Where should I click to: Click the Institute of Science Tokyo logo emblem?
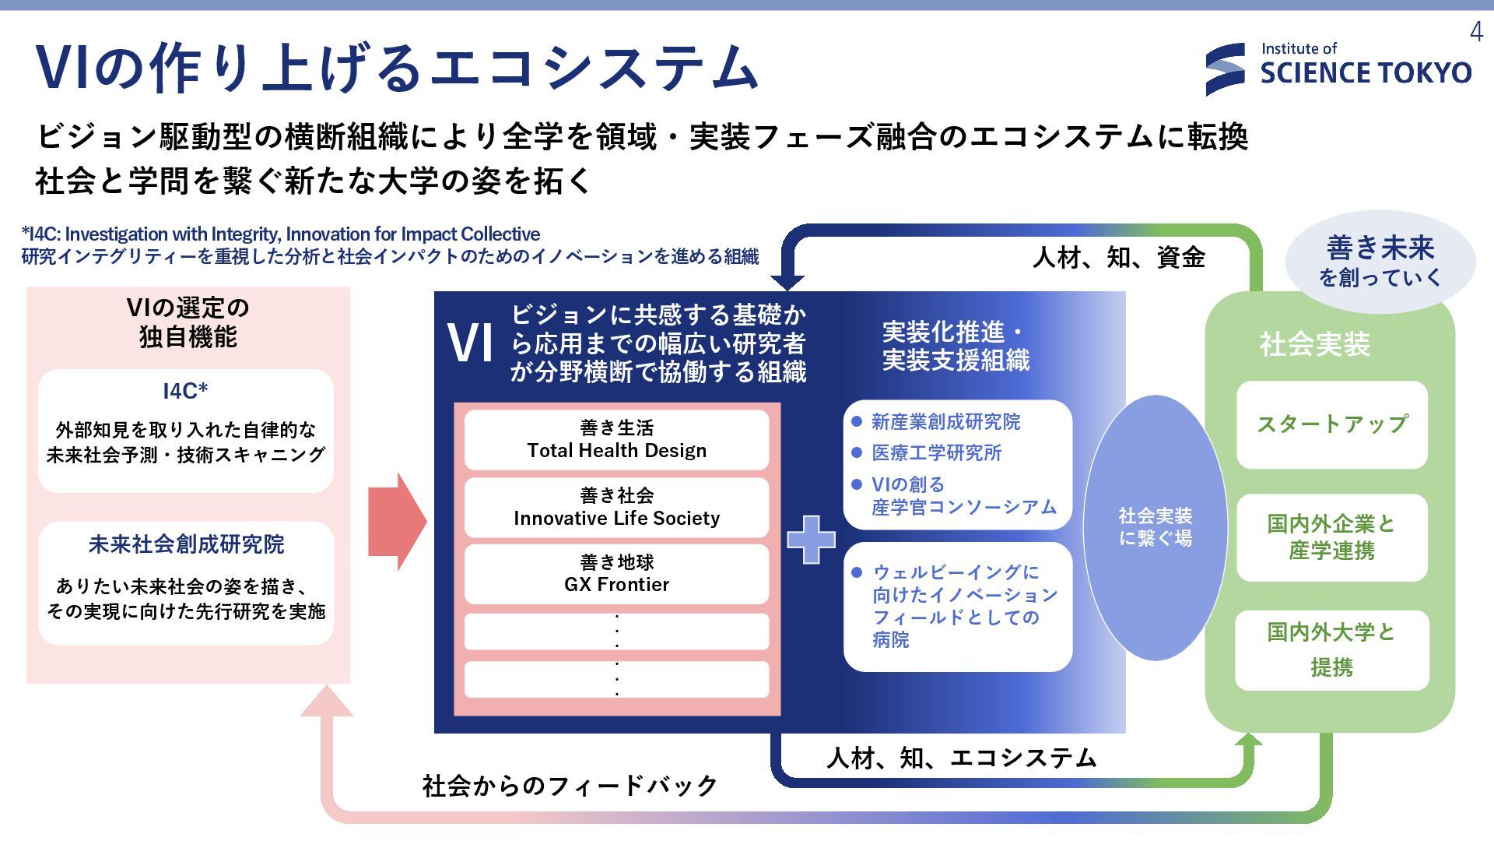(x=1226, y=70)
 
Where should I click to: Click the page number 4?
(x=1476, y=32)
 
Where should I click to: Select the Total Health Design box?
(x=616, y=440)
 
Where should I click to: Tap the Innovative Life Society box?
(x=616, y=508)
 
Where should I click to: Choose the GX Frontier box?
(x=616, y=574)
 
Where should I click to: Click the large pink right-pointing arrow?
(x=397, y=522)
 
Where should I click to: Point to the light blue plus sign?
(x=811, y=539)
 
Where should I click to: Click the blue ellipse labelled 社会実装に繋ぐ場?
(x=1155, y=527)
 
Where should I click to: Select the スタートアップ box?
(x=1331, y=424)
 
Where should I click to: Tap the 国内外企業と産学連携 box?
(x=1331, y=537)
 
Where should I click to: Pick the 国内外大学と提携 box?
(x=1331, y=650)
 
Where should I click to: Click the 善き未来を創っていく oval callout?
(x=1380, y=262)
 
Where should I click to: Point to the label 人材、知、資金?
(x=1118, y=257)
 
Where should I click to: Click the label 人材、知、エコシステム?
(x=961, y=758)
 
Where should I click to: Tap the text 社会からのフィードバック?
(x=570, y=786)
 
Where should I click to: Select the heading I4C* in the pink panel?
(x=185, y=391)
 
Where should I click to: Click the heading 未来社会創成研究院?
(x=186, y=544)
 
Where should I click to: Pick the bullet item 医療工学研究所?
(x=936, y=453)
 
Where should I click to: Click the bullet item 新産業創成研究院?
(x=945, y=422)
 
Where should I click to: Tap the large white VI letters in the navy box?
(x=471, y=343)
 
